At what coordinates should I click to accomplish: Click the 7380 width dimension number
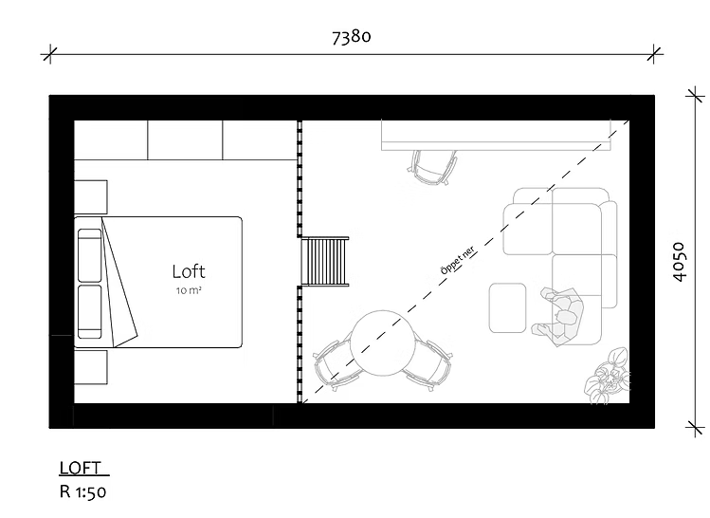352,37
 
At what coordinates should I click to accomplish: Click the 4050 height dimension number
680,262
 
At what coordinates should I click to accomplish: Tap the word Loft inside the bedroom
189,271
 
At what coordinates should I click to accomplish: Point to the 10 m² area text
189,290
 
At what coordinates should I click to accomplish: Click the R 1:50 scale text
82,492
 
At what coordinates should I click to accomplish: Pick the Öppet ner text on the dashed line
458,260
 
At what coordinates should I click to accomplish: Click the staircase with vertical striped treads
325,263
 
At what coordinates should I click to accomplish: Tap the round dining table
383,343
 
